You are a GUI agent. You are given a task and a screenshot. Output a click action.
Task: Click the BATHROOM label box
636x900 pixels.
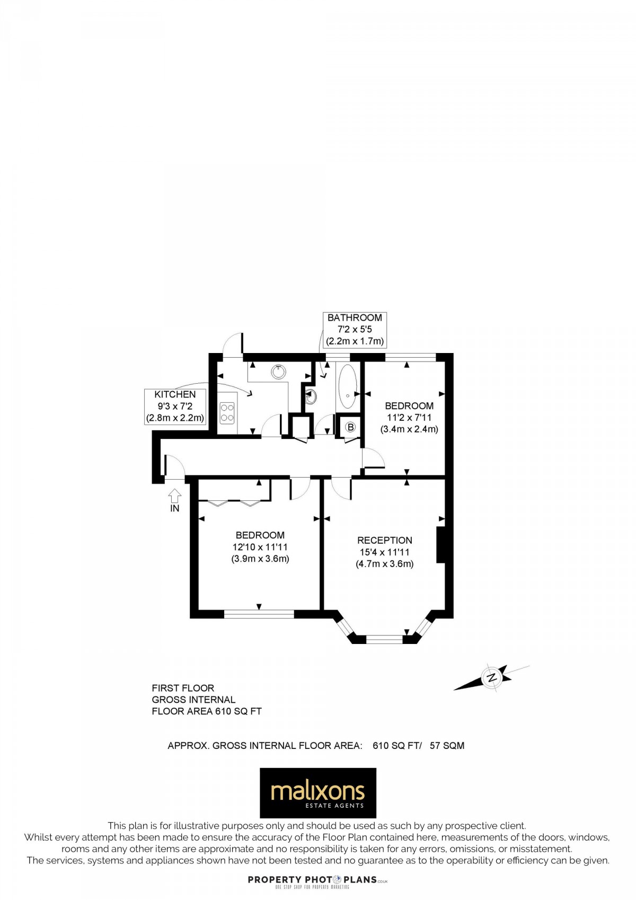point(355,329)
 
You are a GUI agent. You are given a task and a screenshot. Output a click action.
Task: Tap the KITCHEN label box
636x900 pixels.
point(175,406)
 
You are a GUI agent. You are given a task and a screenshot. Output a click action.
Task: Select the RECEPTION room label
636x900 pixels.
point(384,540)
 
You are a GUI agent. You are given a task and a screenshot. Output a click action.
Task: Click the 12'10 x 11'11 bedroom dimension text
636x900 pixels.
point(260,547)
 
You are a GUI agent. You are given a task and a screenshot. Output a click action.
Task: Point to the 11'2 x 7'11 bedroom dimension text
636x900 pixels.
point(409,418)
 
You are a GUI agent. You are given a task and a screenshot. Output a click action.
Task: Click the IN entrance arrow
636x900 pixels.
point(175,496)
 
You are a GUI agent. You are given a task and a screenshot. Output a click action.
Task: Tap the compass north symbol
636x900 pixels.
point(492,677)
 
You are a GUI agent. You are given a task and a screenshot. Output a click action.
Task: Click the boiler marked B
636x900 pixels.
point(350,427)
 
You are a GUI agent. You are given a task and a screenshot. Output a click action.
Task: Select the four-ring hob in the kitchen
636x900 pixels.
point(227,412)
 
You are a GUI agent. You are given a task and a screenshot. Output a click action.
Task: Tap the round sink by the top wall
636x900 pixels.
point(278,371)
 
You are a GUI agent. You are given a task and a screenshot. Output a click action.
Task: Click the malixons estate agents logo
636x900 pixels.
point(317,793)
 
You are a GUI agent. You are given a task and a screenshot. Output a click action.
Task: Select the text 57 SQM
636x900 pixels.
point(447,745)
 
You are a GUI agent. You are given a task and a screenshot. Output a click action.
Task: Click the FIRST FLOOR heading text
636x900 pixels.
point(183,688)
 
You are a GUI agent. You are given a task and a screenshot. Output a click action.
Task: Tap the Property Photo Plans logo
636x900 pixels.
point(317,880)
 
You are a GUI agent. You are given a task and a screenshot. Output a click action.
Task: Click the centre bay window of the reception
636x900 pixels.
point(384,639)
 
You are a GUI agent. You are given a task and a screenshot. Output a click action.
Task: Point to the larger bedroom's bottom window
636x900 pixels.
point(259,614)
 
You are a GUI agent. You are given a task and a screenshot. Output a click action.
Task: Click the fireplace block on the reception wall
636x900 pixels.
point(440,544)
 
